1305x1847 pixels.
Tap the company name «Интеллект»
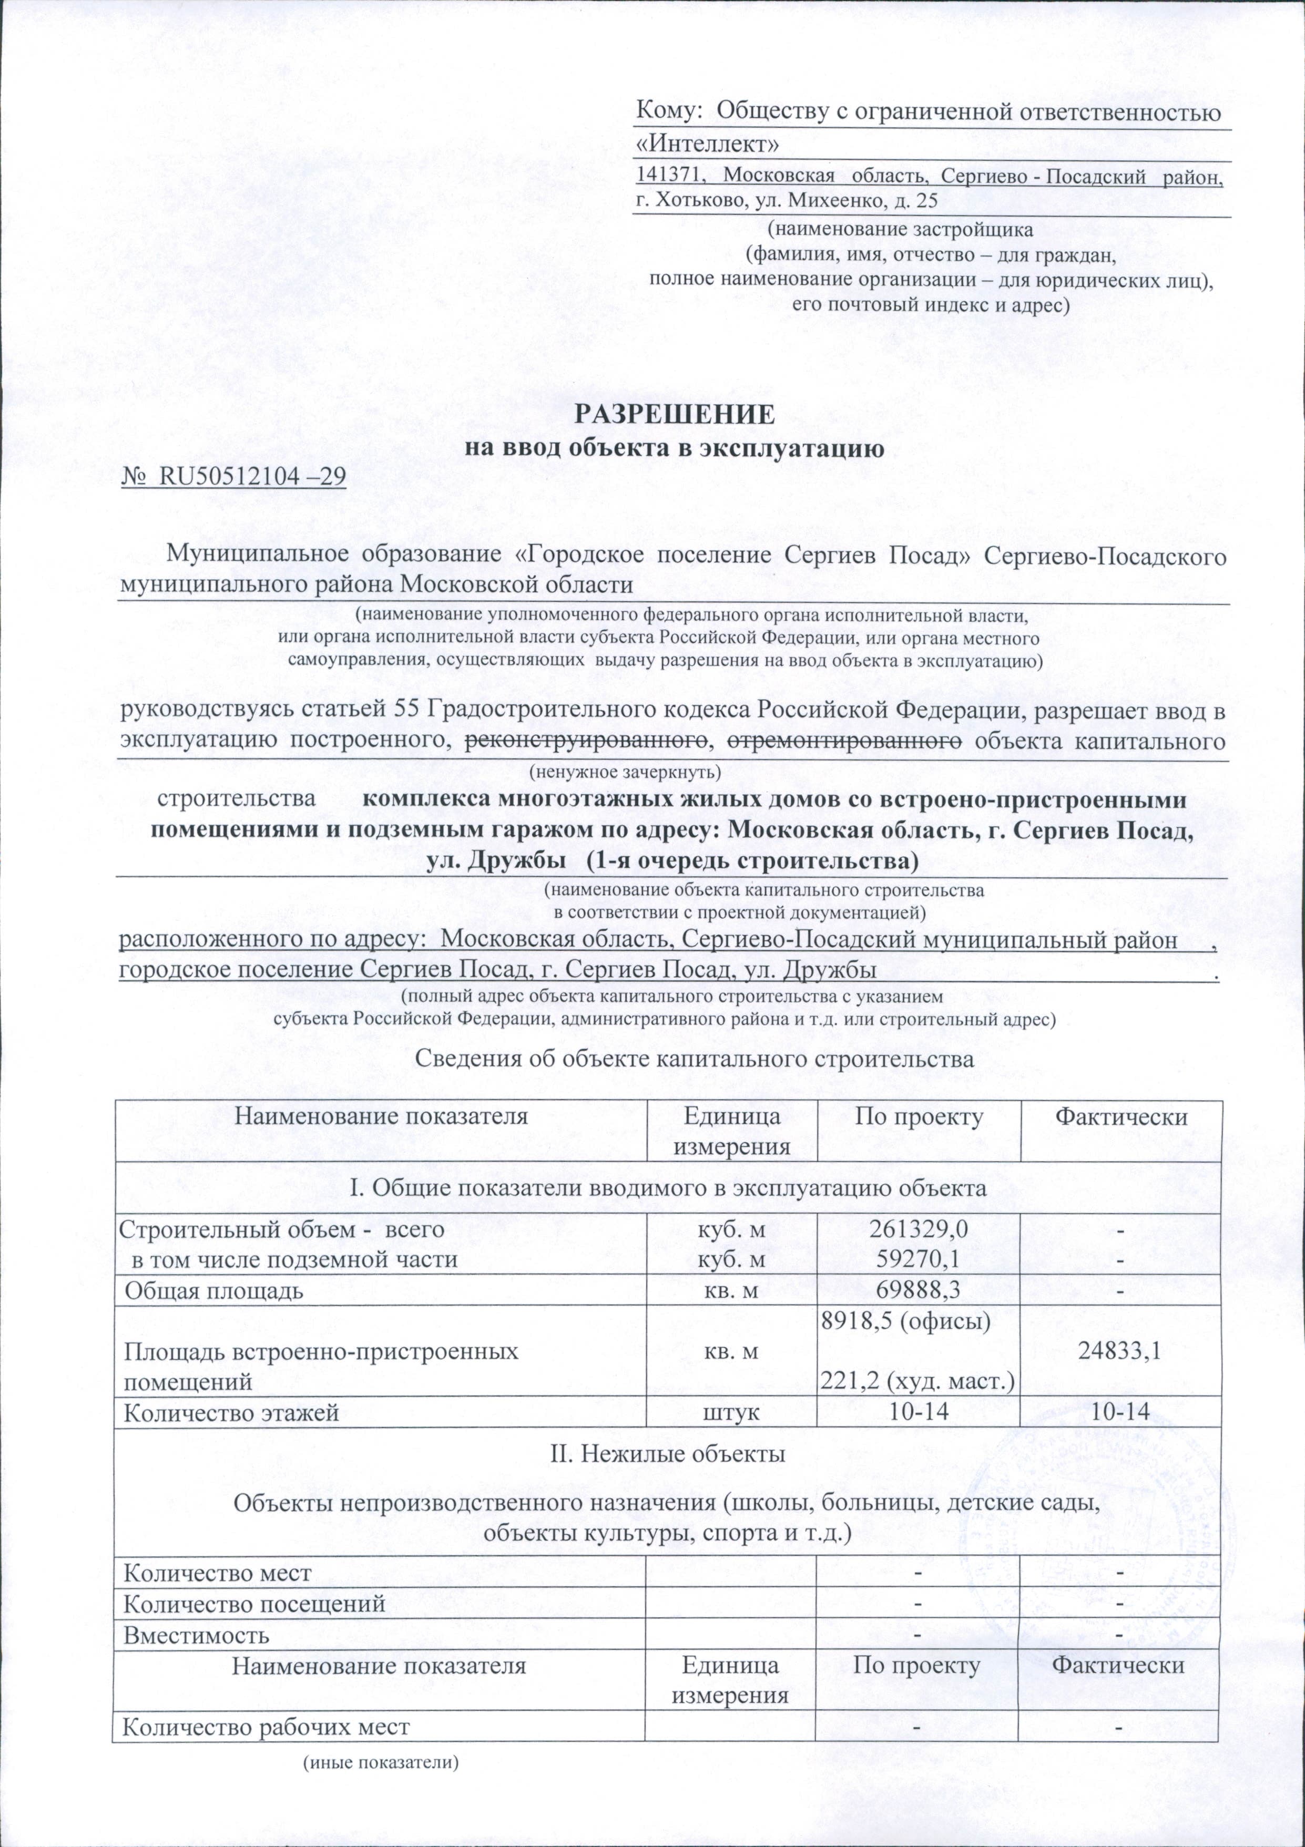click(x=707, y=145)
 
